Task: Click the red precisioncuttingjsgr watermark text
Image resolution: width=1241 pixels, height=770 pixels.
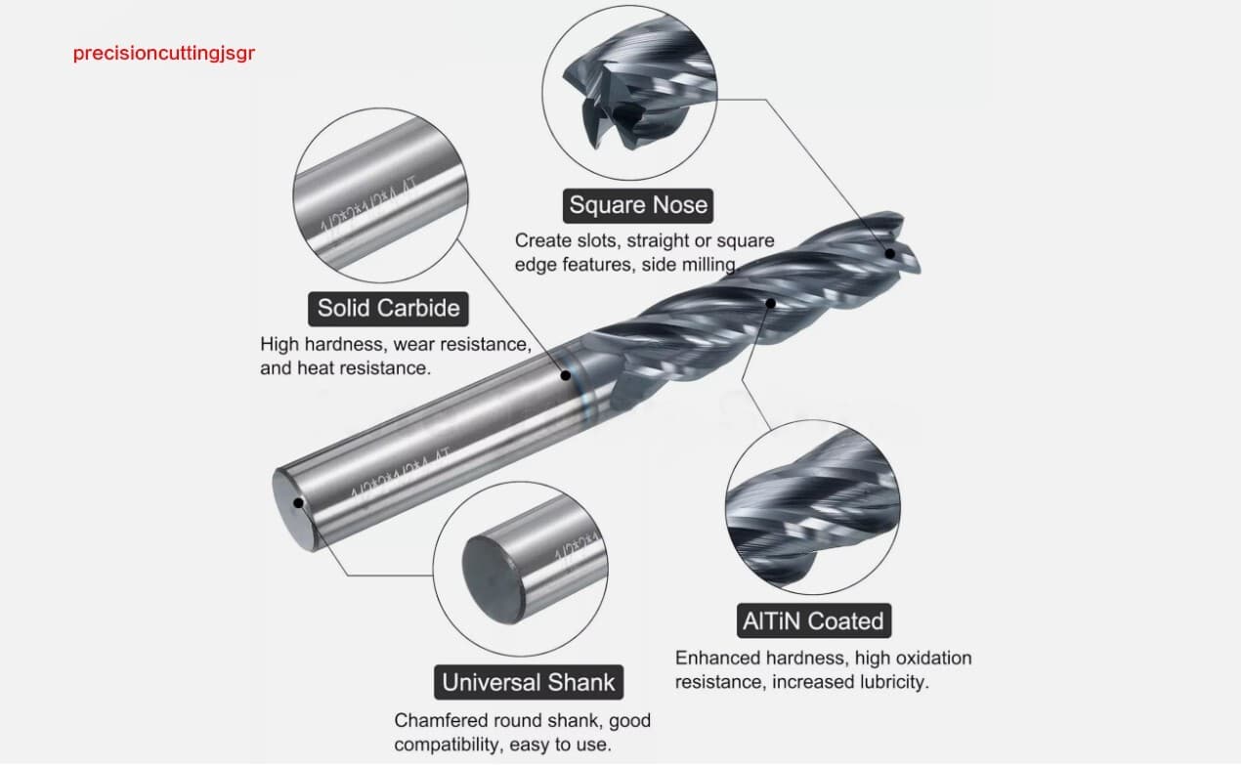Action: pyautogui.click(x=163, y=53)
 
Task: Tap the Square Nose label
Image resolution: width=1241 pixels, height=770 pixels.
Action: pyautogui.click(x=638, y=205)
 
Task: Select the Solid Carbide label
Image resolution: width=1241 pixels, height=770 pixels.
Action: pyautogui.click(x=388, y=309)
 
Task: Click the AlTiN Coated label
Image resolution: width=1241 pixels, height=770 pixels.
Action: pyautogui.click(x=812, y=621)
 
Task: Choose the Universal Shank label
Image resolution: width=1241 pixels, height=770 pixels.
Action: pyautogui.click(x=529, y=682)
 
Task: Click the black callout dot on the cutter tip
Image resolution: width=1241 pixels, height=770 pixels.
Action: pyautogui.click(x=890, y=254)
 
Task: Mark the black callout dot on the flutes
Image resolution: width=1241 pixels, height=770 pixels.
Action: pyautogui.click(x=770, y=304)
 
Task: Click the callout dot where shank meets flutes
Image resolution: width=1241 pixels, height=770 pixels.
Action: pyautogui.click(x=566, y=375)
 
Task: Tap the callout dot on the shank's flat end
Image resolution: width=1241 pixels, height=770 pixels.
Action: pyautogui.click(x=297, y=502)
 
